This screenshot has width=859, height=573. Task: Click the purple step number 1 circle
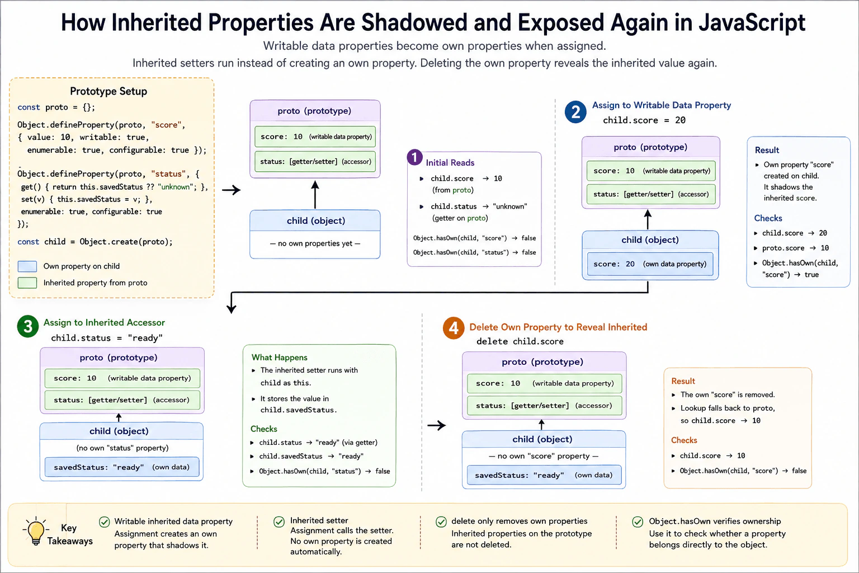[x=414, y=157]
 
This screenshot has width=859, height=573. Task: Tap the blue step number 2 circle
[x=575, y=112]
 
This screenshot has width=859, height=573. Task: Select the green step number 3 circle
[x=28, y=326]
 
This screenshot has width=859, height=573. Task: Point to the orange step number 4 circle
[x=454, y=328]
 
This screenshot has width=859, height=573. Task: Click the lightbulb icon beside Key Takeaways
[x=35, y=530]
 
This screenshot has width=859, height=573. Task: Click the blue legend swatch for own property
[x=27, y=266]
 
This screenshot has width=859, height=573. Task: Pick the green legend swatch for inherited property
[x=27, y=283]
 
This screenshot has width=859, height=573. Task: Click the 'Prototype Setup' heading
[x=108, y=91]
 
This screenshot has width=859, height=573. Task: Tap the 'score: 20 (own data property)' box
[x=650, y=264]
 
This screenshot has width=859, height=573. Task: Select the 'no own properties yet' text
[x=315, y=243]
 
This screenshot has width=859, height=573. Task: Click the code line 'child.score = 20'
[x=644, y=120]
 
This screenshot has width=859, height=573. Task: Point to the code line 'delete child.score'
[x=520, y=341]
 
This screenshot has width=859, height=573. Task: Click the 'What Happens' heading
[x=280, y=358]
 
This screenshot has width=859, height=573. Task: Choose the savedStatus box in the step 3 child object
[x=122, y=467]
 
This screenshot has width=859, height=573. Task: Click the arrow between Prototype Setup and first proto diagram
[x=231, y=190]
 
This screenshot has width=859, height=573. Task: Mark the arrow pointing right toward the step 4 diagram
[x=436, y=425]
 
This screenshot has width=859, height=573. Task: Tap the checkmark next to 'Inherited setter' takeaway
[x=279, y=522]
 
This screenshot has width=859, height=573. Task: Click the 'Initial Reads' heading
[x=450, y=163]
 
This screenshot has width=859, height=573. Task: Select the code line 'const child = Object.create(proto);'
[x=95, y=242]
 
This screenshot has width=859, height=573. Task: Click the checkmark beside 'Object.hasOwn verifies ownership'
[x=638, y=522]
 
